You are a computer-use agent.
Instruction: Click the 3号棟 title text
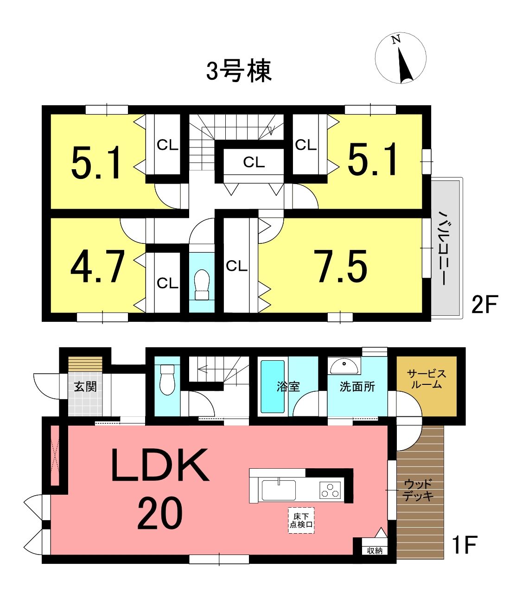239,70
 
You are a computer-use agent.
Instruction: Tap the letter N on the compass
396,39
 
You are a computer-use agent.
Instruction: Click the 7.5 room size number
343,266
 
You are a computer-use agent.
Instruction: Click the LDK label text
160,465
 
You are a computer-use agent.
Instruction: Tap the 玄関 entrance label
85,387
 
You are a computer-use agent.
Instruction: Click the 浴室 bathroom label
288,387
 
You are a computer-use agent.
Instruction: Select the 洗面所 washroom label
357,387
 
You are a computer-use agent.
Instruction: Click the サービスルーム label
426,379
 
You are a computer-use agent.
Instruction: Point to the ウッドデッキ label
418,490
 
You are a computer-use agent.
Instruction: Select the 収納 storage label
375,550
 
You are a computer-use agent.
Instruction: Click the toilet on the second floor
202,284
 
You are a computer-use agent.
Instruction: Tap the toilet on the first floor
167,380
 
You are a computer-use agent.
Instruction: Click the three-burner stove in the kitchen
330,490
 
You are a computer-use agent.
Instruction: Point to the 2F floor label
484,305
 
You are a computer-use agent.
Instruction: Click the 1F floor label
465,544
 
